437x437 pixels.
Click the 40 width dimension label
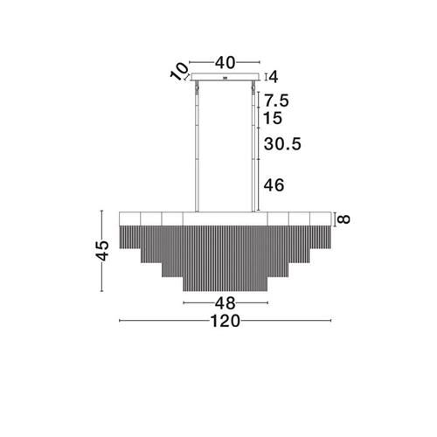pyautogui.click(x=225, y=63)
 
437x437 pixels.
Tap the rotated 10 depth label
pyautogui.click(x=179, y=71)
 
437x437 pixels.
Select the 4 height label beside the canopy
pyautogui.click(x=274, y=77)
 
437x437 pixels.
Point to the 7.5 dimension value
pyautogui.click(x=276, y=101)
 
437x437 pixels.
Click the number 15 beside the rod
pyautogui.click(x=273, y=118)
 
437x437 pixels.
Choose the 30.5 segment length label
pyautogui.click(x=282, y=144)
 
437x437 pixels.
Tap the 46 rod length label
pyautogui.click(x=274, y=185)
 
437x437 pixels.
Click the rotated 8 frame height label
pyautogui.click(x=344, y=218)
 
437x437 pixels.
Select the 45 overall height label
pyautogui.click(x=102, y=250)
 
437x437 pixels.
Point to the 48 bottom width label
pyautogui.click(x=225, y=303)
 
